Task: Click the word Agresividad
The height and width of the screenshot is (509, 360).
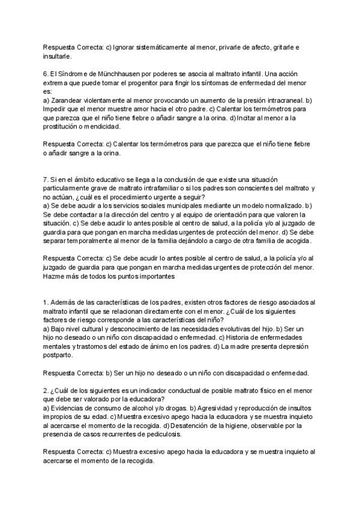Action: tap(209, 408)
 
